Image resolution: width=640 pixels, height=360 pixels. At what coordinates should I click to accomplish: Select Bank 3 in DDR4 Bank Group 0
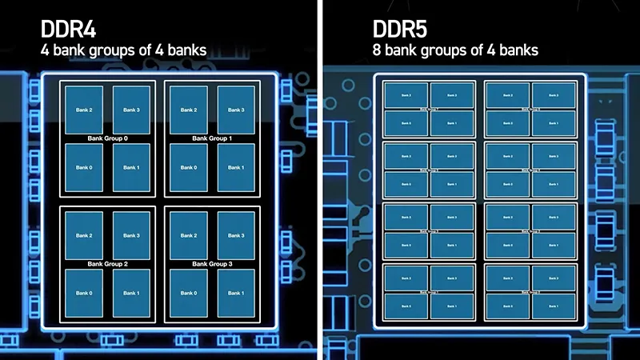click(x=131, y=110)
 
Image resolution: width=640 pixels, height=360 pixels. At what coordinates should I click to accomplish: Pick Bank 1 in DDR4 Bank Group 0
click(x=131, y=167)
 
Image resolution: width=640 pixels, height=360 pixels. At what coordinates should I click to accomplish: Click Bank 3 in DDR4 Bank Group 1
click(x=236, y=110)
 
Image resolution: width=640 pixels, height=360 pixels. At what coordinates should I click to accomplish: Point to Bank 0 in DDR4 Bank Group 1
click(x=189, y=167)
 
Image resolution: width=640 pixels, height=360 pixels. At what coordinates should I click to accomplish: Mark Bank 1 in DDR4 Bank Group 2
click(x=131, y=293)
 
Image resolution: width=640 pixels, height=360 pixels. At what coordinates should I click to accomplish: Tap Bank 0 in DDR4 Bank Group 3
click(x=189, y=293)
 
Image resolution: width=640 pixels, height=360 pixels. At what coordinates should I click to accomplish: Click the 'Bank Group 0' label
click(x=107, y=138)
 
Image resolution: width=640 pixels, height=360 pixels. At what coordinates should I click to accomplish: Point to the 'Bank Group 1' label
click(x=212, y=138)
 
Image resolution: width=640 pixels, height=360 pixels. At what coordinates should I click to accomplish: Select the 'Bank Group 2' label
click(x=107, y=263)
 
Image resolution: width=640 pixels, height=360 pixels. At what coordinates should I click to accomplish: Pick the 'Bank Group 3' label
click(x=212, y=263)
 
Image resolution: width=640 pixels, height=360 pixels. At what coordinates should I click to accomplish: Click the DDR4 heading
click(x=69, y=30)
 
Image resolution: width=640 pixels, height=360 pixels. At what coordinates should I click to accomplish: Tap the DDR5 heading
click(x=400, y=30)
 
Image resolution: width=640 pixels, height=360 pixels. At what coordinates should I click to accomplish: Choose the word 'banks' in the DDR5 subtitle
click(x=519, y=50)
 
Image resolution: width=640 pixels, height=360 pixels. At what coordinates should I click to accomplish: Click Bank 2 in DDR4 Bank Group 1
click(x=189, y=110)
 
